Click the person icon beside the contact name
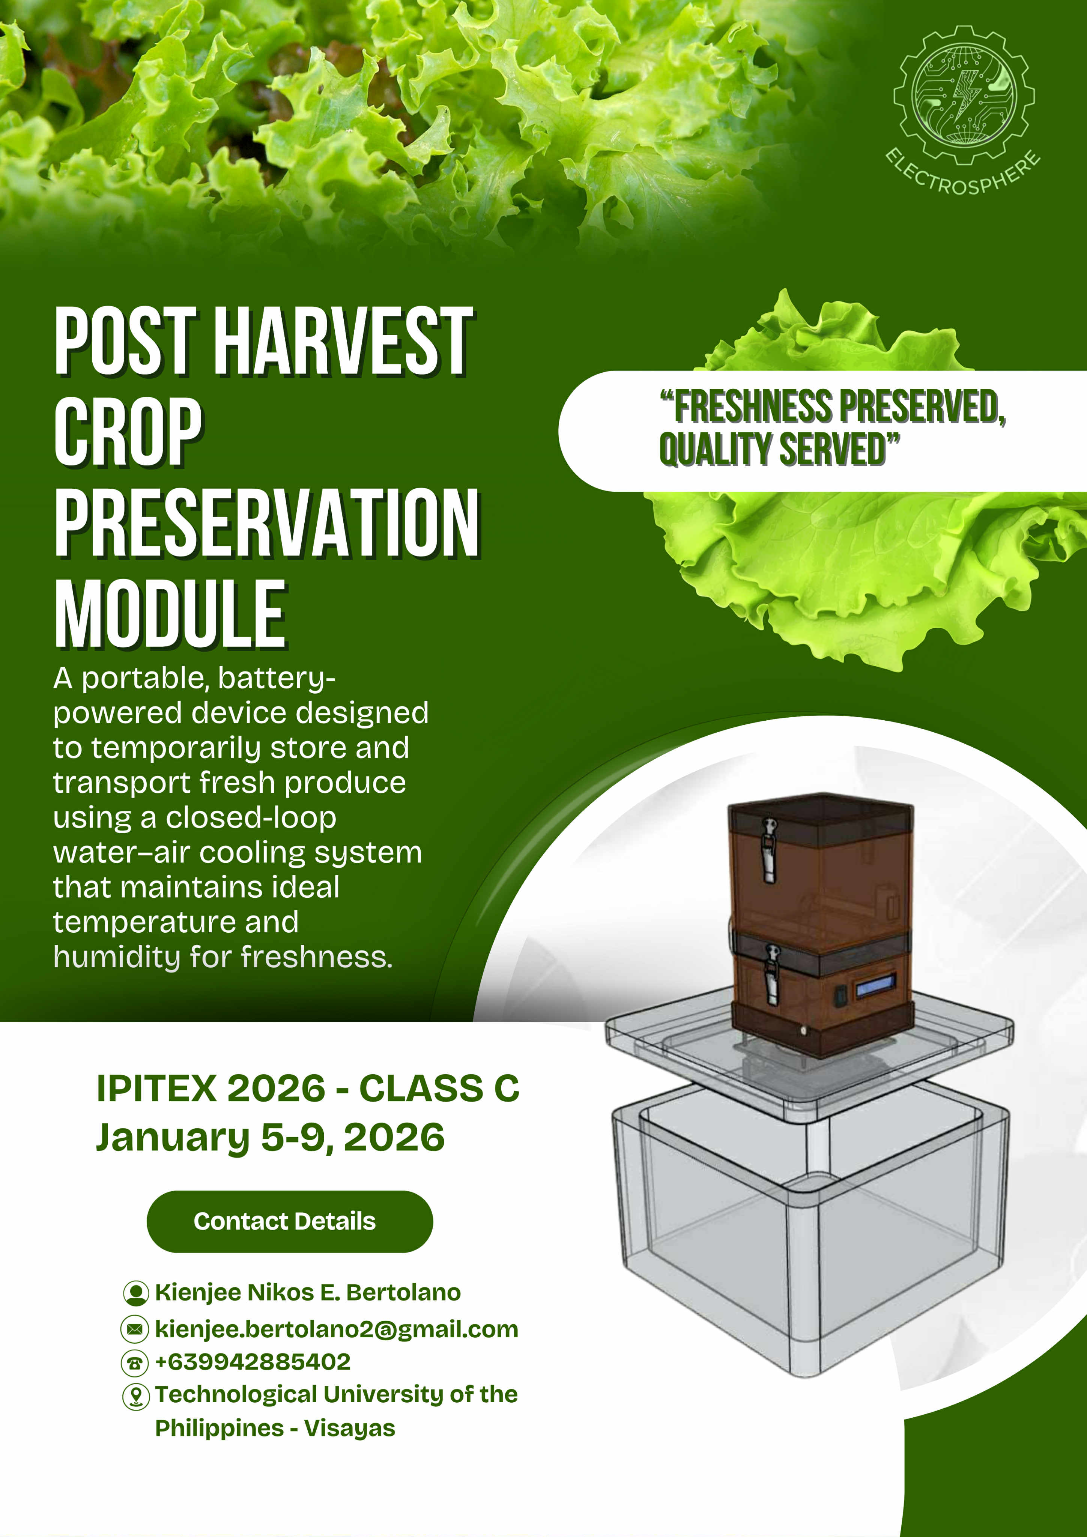[x=136, y=1293]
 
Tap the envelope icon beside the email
[x=135, y=1329]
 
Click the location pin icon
[x=136, y=1396]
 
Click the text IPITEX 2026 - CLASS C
[x=308, y=1088]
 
